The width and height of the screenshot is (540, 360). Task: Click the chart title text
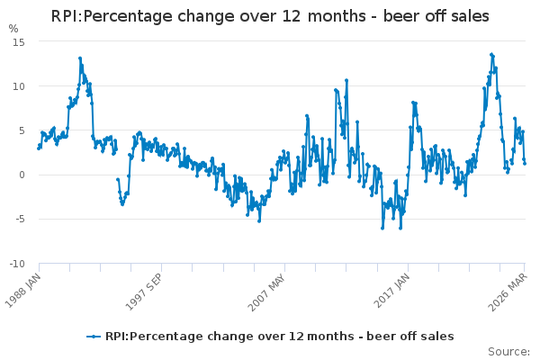tap(270, 16)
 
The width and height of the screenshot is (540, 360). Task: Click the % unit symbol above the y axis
tap(13, 29)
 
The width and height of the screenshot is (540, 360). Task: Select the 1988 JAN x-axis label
tap(25, 290)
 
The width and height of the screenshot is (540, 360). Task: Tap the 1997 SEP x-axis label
tap(146, 290)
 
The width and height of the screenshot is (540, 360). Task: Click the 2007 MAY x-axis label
tap(270, 290)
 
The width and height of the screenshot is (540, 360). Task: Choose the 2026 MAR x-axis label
tap(510, 290)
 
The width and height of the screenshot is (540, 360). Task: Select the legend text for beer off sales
tap(279, 337)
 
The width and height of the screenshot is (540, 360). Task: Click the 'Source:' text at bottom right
tap(508, 352)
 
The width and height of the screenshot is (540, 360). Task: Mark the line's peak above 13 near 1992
tap(79, 58)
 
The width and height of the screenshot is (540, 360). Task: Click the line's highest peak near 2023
tap(491, 54)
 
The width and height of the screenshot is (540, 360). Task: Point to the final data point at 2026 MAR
tap(525, 163)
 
